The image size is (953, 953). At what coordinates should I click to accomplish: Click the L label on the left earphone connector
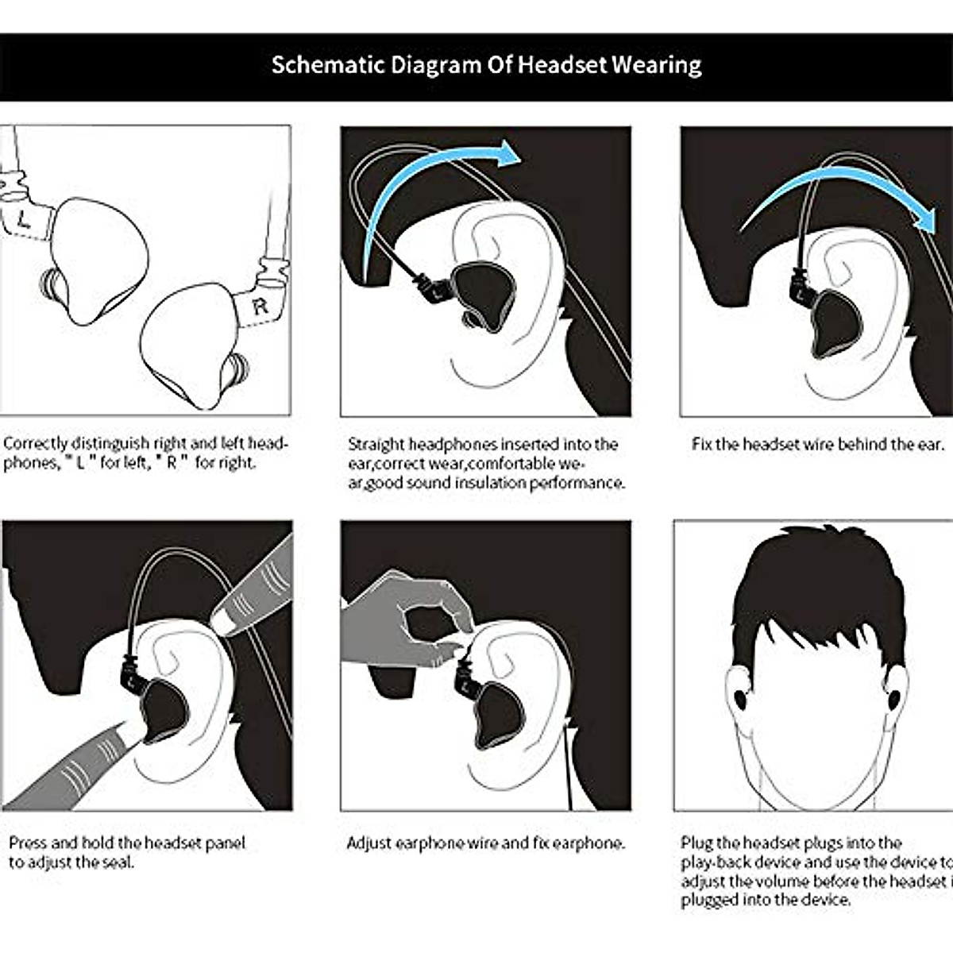24,222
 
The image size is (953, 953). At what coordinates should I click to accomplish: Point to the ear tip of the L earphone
52,285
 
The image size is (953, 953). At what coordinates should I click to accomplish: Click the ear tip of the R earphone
237,371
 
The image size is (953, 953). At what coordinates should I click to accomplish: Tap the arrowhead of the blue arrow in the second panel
506,153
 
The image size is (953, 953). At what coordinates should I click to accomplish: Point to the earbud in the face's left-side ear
740,699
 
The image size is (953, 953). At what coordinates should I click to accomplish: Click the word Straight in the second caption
376,445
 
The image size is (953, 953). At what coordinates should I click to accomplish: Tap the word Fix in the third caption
701,445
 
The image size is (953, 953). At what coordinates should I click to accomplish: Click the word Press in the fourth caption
28,843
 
